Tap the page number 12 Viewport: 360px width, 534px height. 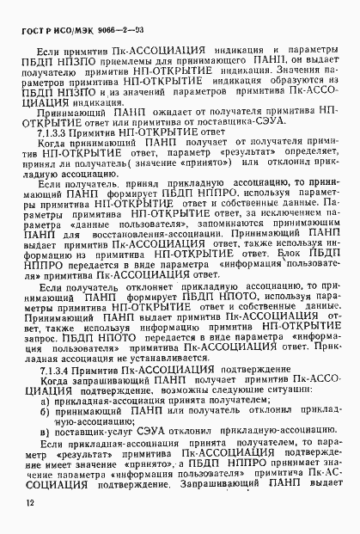29,502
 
